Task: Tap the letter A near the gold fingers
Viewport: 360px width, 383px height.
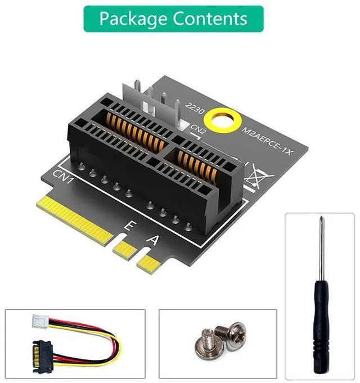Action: point(152,240)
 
